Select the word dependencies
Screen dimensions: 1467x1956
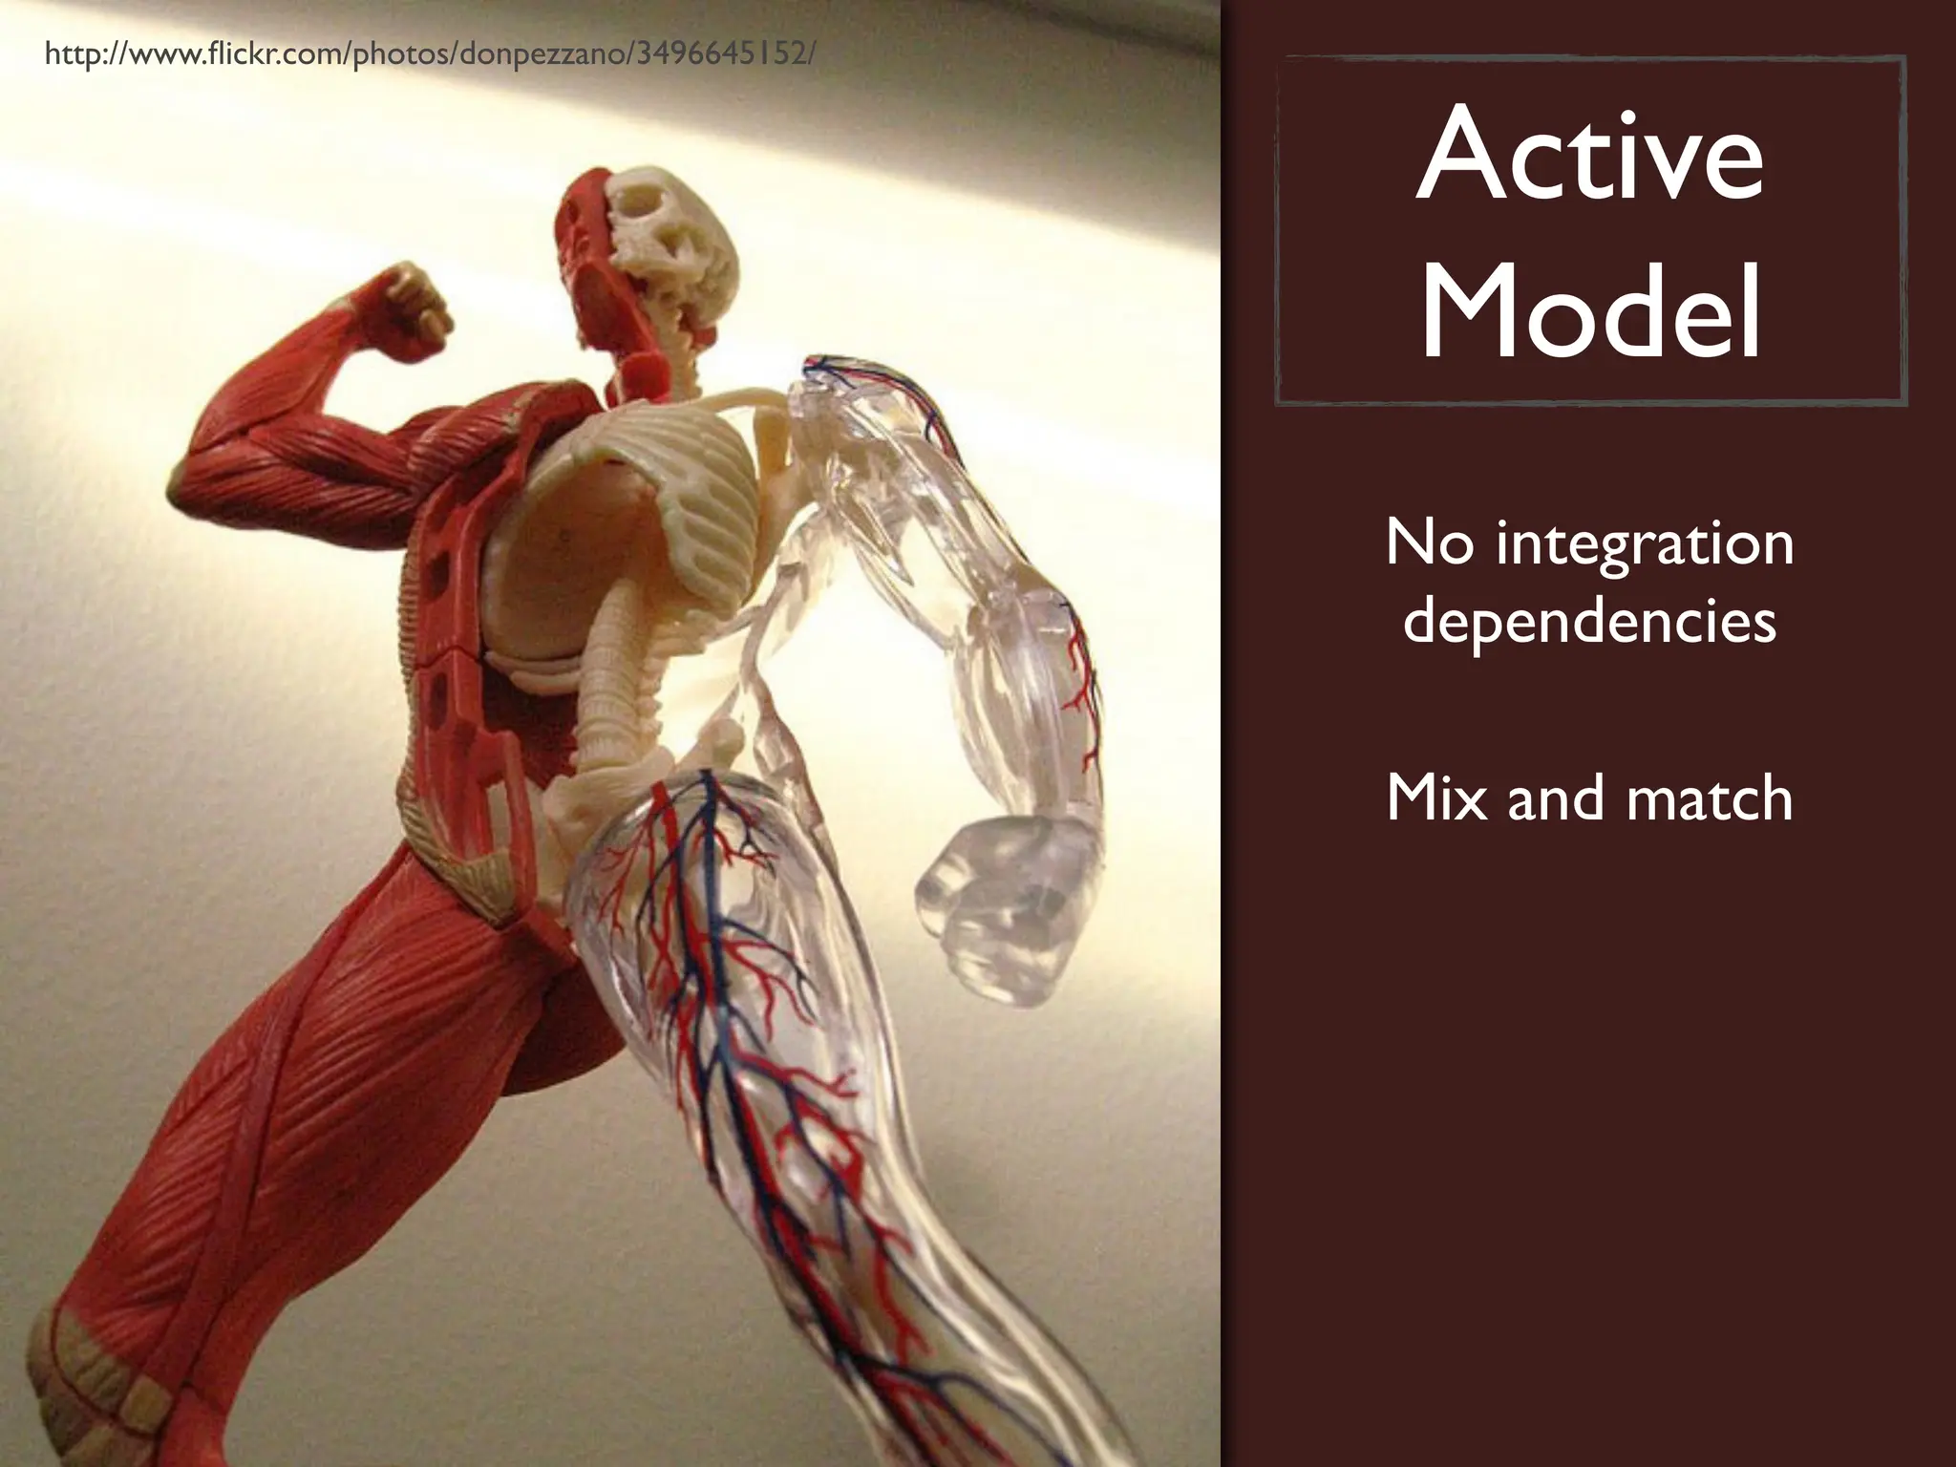point(1589,623)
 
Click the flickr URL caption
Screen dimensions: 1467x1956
point(430,55)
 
